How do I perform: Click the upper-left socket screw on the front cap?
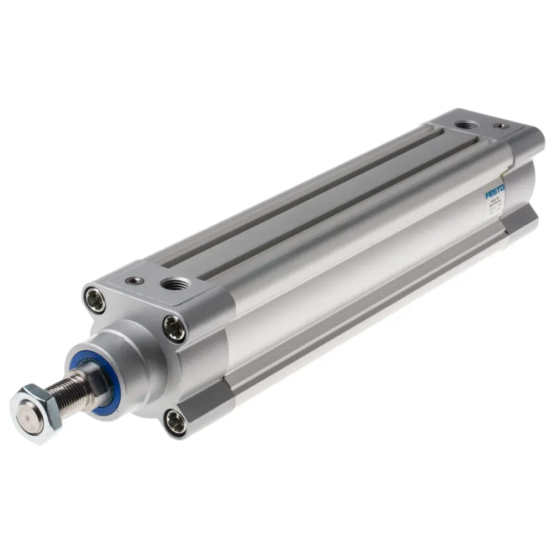pos(95,300)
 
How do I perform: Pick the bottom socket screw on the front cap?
pos(175,422)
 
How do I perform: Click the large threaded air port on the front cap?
pos(176,285)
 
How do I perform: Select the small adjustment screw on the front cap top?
pos(134,281)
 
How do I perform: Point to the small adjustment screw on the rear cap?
pos(501,126)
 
